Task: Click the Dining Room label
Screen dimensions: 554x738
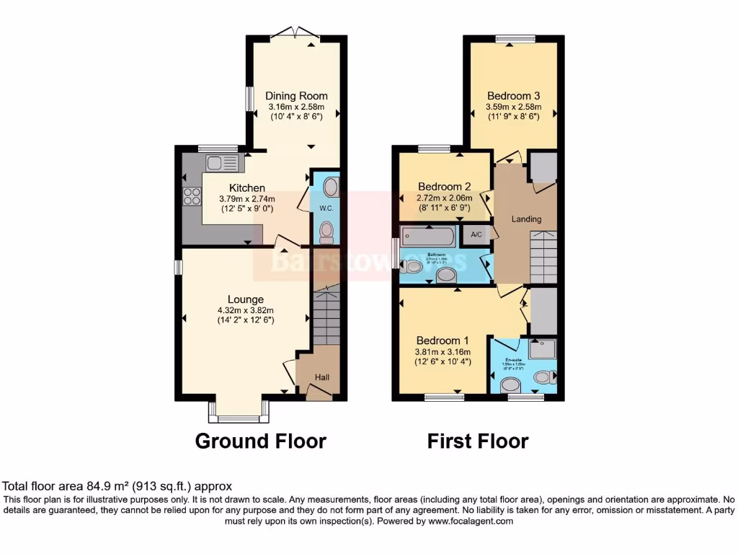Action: [296, 96]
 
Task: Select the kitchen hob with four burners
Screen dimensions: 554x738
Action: [192, 196]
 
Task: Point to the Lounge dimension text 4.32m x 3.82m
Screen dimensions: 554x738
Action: [246, 311]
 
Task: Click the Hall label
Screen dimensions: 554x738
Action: [323, 377]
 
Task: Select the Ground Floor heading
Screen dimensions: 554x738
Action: [260, 441]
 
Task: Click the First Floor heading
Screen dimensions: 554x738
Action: [477, 441]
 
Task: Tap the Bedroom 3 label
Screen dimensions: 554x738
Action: [513, 96]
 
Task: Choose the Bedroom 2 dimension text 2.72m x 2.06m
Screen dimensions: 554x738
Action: [444, 198]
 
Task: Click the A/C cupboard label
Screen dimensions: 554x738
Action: [476, 234]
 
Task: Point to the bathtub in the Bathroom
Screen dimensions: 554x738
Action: [427, 235]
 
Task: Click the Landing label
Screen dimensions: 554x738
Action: [527, 219]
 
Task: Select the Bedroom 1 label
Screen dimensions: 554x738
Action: [442, 340]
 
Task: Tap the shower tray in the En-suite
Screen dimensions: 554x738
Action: [543, 350]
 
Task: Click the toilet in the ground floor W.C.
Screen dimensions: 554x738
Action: [327, 231]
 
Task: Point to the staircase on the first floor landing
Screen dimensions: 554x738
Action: [543, 256]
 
